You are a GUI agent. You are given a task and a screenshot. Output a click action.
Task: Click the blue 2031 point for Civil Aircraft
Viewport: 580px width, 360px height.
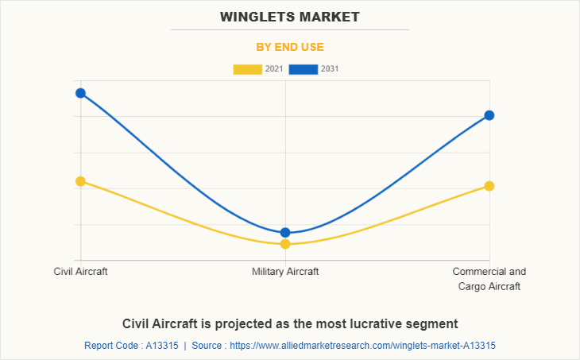click(x=80, y=93)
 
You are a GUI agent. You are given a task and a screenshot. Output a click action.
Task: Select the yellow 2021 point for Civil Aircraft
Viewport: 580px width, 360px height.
click(x=80, y=181)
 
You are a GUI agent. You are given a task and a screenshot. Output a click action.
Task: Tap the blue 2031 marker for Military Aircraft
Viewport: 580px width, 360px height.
click(x=285, y=232)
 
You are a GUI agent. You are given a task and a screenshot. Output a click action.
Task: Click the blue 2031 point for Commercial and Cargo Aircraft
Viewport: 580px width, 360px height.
click(x=489, y=115)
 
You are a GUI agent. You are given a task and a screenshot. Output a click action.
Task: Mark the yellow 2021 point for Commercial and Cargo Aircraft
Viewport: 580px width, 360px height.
click(x=489, y=186)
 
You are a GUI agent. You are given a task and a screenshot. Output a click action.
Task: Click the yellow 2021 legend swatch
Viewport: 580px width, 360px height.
click(x=247, y=69)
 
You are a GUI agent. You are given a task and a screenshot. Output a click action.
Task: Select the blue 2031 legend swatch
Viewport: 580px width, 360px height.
click(x=304, y=69)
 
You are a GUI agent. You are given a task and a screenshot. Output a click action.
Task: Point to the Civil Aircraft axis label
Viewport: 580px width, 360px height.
click(x=80, y=272)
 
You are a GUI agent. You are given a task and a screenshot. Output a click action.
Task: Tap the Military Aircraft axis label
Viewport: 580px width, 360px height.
click(x=285, y=272)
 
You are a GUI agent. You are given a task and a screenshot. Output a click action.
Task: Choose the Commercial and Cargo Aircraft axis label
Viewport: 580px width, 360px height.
click(x=489, y=279)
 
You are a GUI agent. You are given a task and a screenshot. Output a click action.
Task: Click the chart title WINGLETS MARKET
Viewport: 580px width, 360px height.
click(x=290, y=17)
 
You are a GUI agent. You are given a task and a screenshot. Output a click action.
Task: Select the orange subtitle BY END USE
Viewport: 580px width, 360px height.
click(x=290, y=47)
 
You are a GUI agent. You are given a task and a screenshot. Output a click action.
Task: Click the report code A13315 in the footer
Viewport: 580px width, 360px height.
click(x=158, y=346)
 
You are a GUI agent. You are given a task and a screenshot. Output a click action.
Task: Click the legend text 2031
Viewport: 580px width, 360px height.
click(x=330, y=69)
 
